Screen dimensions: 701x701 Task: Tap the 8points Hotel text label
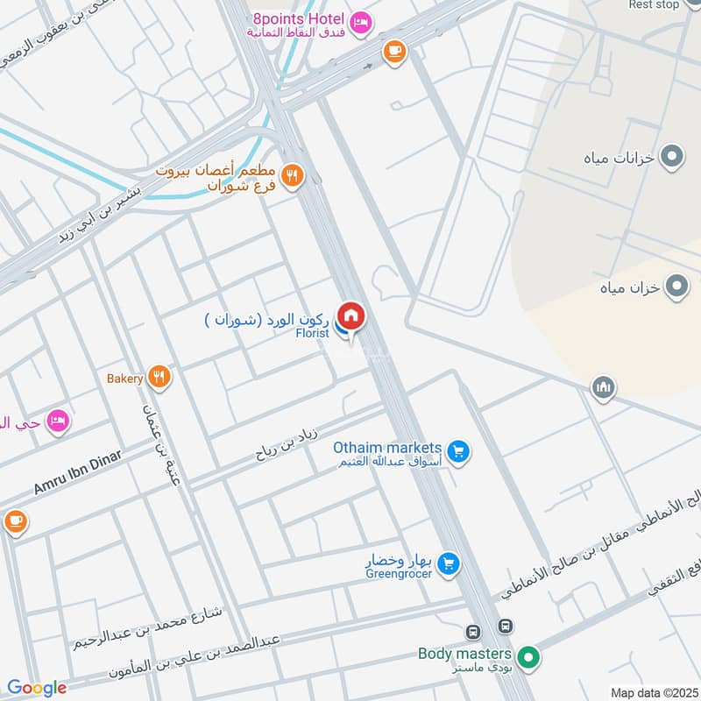[x=297, y=18]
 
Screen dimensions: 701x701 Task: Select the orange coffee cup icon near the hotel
[x=394, y=52]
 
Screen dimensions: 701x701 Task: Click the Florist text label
[x=312, y=333]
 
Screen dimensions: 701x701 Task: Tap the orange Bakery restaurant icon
[x=159, y=378]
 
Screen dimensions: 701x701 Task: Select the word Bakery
[x=124, y=379]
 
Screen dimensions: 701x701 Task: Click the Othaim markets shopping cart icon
[x=457, y=452]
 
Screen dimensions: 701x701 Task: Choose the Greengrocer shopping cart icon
[x=448, y=563]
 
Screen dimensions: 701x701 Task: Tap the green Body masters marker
[x=528, y=656]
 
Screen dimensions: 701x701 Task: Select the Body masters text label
[x=464, y=653]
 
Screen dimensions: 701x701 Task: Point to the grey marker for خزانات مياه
[x=672, y=158]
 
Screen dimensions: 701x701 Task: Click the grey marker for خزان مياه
[x=676, y=286]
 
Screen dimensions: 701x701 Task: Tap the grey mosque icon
[x=603, y=386]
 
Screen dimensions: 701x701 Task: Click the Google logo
[x=37, y=688]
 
